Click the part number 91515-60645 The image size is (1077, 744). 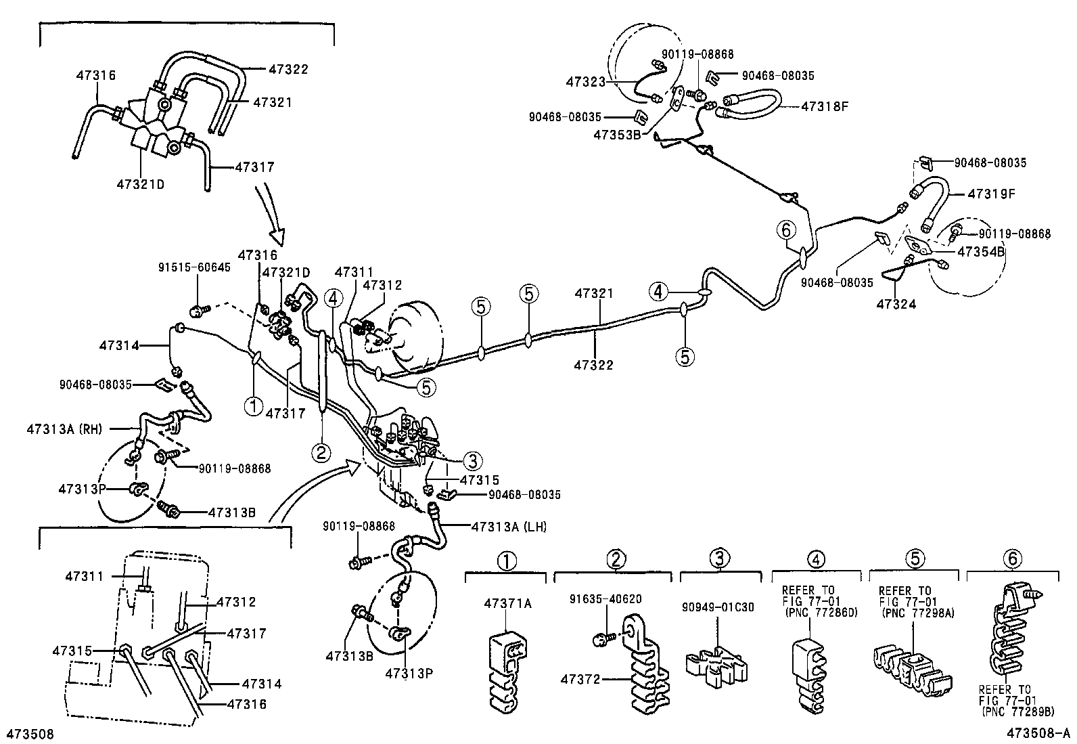(194, 267)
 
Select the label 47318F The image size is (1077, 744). (824, 106)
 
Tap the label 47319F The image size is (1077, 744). (991, 193)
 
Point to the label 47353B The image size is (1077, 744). (616, 135)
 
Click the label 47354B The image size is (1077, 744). (981, 252)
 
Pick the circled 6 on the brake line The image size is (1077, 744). (785, 231)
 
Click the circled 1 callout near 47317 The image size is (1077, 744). (253, 406)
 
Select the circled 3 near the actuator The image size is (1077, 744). (472, 461)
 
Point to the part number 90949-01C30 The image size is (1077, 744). (718, 607)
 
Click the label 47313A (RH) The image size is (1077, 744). (62, 428)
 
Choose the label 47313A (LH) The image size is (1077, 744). (509, 527)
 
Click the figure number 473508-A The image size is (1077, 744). (1038, 734)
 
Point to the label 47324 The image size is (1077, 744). (896, 305)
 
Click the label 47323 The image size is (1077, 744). (586, 82)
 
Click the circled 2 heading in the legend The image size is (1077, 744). (616, 559)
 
